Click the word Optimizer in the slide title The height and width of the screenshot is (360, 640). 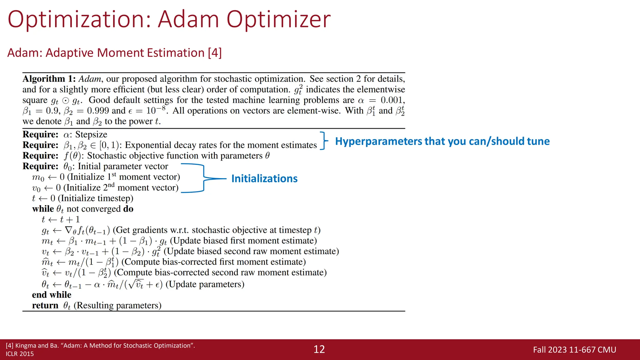278,19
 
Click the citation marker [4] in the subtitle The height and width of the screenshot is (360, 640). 215,53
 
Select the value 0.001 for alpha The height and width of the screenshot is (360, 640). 392,100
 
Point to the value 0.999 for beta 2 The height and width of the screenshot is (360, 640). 98,111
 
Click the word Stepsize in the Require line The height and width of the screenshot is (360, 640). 91,134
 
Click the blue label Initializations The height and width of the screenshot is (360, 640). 264,178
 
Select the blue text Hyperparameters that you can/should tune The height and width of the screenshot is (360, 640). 442,141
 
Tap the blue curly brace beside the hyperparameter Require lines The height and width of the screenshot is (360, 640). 324,141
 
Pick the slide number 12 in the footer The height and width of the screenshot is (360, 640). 319,349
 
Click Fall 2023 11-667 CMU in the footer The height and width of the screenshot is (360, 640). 574,350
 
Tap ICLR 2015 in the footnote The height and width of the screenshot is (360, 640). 20,354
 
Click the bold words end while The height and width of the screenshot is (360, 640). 52,295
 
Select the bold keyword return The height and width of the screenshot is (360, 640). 45,305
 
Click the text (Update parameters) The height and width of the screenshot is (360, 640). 205,284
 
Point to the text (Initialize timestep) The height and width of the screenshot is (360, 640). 96,198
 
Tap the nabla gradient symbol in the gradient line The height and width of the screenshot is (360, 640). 68,230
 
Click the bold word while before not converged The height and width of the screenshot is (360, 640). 43,209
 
